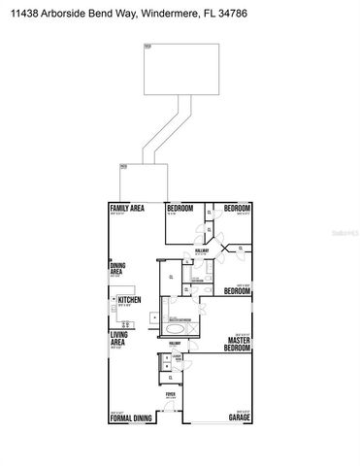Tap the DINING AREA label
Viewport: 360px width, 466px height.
(116, 271)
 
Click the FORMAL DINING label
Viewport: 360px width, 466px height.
(129, 417)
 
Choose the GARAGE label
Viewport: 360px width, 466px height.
(239, 417)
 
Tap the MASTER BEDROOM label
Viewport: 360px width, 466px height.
(238, 344)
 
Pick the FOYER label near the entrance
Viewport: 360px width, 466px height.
(170, 394)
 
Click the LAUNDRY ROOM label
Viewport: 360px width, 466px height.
(178, 358)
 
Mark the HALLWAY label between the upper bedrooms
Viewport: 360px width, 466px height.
(202, 250)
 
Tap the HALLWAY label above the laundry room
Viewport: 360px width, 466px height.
(175, 344)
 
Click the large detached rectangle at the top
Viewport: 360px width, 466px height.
(178, 69)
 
